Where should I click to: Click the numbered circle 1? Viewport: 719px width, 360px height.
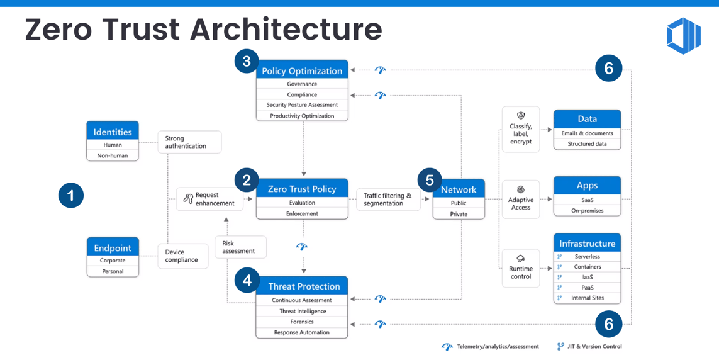coord(71,195)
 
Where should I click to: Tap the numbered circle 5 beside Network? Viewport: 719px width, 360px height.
coord(430,181)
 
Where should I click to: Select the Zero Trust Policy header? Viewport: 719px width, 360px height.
coord(302,189)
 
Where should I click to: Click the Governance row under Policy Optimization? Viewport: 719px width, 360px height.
coord(302,84)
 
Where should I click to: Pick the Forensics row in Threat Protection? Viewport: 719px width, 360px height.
coord(302,322)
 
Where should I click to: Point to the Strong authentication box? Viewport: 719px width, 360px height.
coord(189,142)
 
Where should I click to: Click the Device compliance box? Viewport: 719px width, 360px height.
coord(182,256)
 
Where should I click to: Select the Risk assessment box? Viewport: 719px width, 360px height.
coord(240,247)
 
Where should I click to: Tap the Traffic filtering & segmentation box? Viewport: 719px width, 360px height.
coord(387,200)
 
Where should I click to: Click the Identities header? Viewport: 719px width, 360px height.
coord(113,132)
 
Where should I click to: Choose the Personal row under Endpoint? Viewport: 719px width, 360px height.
coord(113,271)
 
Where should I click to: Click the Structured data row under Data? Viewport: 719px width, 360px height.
coord(587,144)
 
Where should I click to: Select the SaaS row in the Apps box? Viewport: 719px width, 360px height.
coord(587,200)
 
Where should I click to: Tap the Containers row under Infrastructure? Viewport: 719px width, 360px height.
coord(587,267)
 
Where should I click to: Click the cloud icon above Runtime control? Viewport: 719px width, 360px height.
coord(521,259)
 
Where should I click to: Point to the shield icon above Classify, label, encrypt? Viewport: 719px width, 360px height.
coord(521,116)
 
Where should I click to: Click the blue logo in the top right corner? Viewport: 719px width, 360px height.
coord(683,35)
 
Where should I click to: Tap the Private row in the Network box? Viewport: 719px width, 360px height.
coord(459,214)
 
